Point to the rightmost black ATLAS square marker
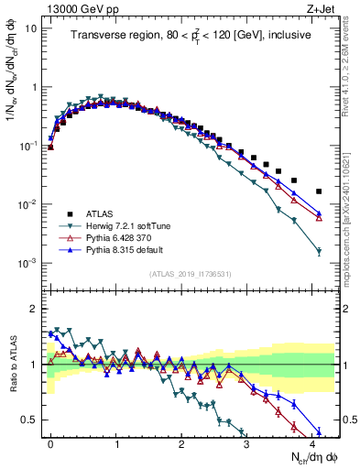coord(319,191)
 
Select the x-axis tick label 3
coord(246,443)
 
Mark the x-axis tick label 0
coord(50,443)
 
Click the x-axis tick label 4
coord(312,443)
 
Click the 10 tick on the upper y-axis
coord(29,28)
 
